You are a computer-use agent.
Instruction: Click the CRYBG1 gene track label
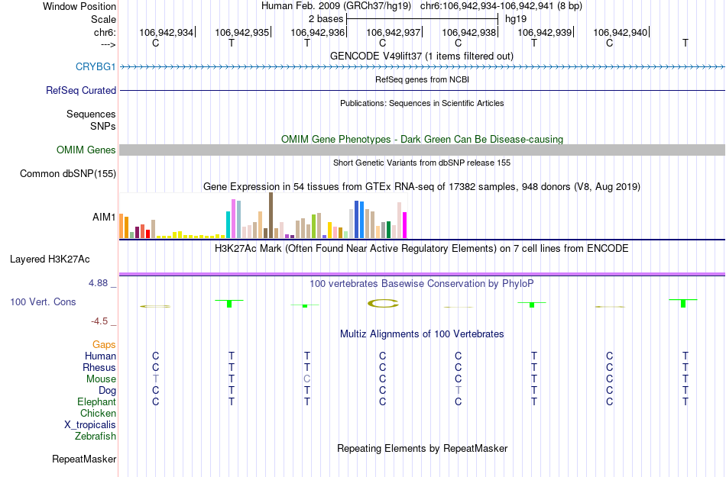point(96,66)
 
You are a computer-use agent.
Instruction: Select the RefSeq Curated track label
point(81,90)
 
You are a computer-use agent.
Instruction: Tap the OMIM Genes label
point(86,150)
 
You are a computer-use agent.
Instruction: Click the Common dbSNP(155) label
point(68,174)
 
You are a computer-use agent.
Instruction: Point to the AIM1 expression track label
point(104,217)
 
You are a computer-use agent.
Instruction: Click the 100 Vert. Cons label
point(43,302)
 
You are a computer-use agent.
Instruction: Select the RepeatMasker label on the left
point(84,459)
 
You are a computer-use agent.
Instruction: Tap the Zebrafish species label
point(96,437)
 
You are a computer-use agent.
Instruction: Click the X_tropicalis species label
point(90,425)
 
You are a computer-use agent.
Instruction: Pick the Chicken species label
point(98,414)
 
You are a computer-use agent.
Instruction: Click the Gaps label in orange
point(104,345)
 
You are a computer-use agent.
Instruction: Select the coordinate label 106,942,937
point(394,32)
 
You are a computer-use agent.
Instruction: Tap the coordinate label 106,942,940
point(620,32)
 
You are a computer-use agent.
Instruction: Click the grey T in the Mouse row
point(156,379)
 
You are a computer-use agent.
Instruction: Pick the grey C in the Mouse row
point(306,379)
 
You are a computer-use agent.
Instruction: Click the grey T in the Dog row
point(458,391)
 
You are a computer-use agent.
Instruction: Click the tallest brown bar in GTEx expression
point(271,215)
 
